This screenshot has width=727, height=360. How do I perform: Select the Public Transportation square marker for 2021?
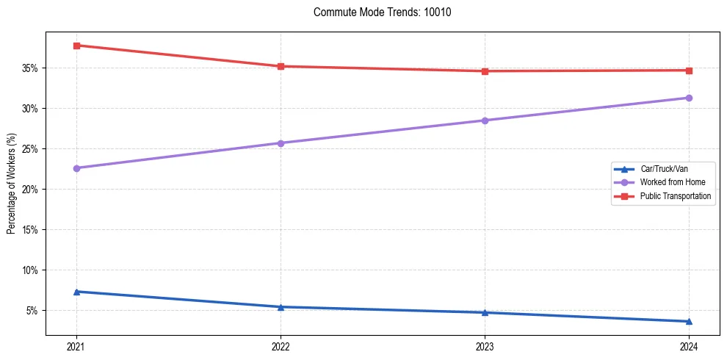76,46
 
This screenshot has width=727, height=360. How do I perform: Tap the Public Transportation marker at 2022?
281,66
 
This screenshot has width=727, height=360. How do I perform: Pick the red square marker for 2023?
485,71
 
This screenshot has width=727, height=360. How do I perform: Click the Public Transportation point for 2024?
689,71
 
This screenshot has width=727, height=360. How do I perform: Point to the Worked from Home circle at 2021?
76,168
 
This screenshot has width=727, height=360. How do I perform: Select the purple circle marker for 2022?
281,143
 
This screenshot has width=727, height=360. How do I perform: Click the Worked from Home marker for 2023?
485,120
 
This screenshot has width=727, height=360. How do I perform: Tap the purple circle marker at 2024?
689,98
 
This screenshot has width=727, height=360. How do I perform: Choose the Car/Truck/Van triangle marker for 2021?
76,292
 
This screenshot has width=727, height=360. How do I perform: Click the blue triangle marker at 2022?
281,307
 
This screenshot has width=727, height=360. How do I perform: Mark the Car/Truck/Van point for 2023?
485,312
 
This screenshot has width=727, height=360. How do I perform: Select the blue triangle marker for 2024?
689,321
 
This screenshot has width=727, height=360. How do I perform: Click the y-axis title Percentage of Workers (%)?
11,184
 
